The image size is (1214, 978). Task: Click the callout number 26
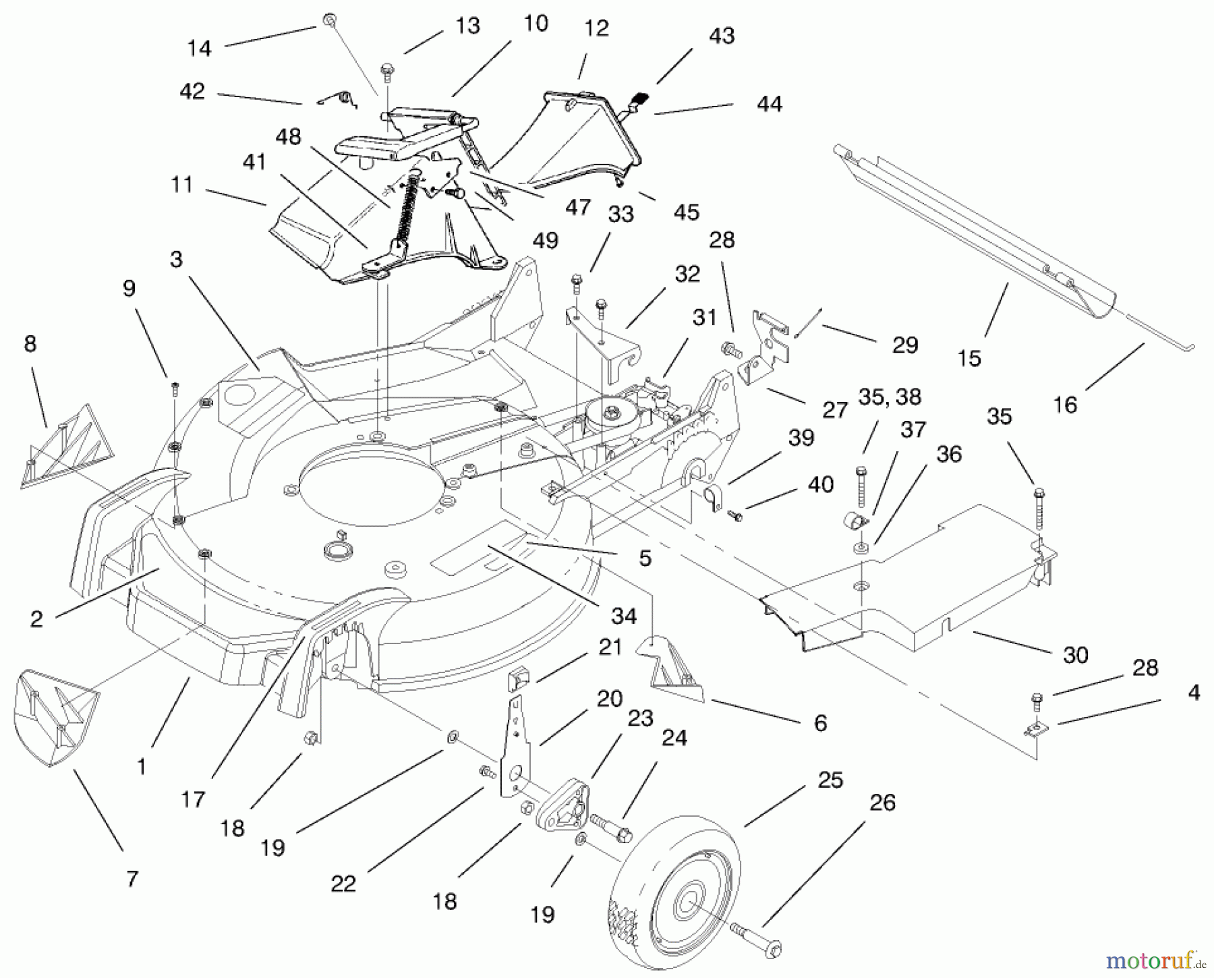coord(882,803)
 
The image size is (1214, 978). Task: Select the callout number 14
coord(200,48)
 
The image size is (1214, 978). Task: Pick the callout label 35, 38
coord(890,397)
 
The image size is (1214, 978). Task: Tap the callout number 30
coord(1075,654)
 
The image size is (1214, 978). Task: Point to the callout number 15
coord(969,358)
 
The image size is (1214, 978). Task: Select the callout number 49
coord(545,240)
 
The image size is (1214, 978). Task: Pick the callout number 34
coord(624,615)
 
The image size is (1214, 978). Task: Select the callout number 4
coord(1193,693)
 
